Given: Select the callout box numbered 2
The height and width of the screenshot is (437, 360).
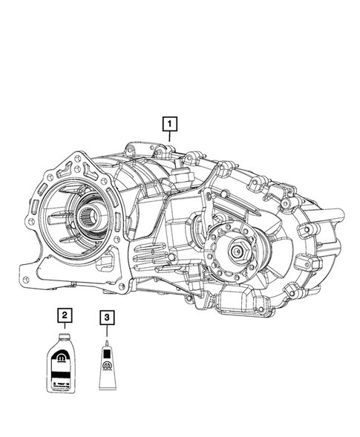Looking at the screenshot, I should pos(66,317).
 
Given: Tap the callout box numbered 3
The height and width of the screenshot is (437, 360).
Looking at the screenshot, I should pos(108,317).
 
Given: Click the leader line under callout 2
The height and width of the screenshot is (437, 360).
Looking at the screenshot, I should pos(66,328).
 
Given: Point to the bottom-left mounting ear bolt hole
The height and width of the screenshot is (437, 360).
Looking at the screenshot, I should pos(27,280).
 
